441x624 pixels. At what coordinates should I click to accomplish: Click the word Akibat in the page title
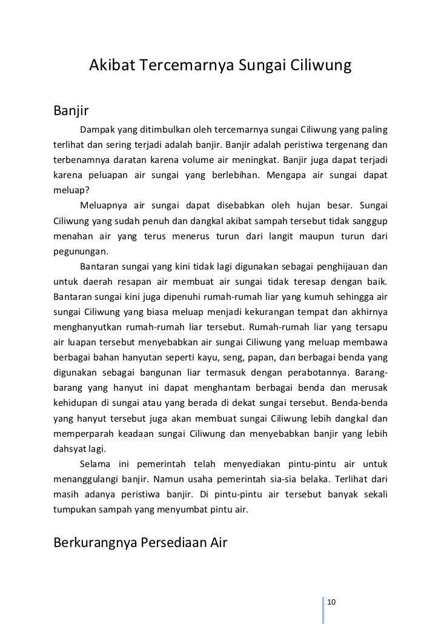coord(113,65)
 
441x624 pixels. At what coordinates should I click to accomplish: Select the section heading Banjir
coord(71,111)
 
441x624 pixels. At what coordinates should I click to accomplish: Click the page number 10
coord(331,600)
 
